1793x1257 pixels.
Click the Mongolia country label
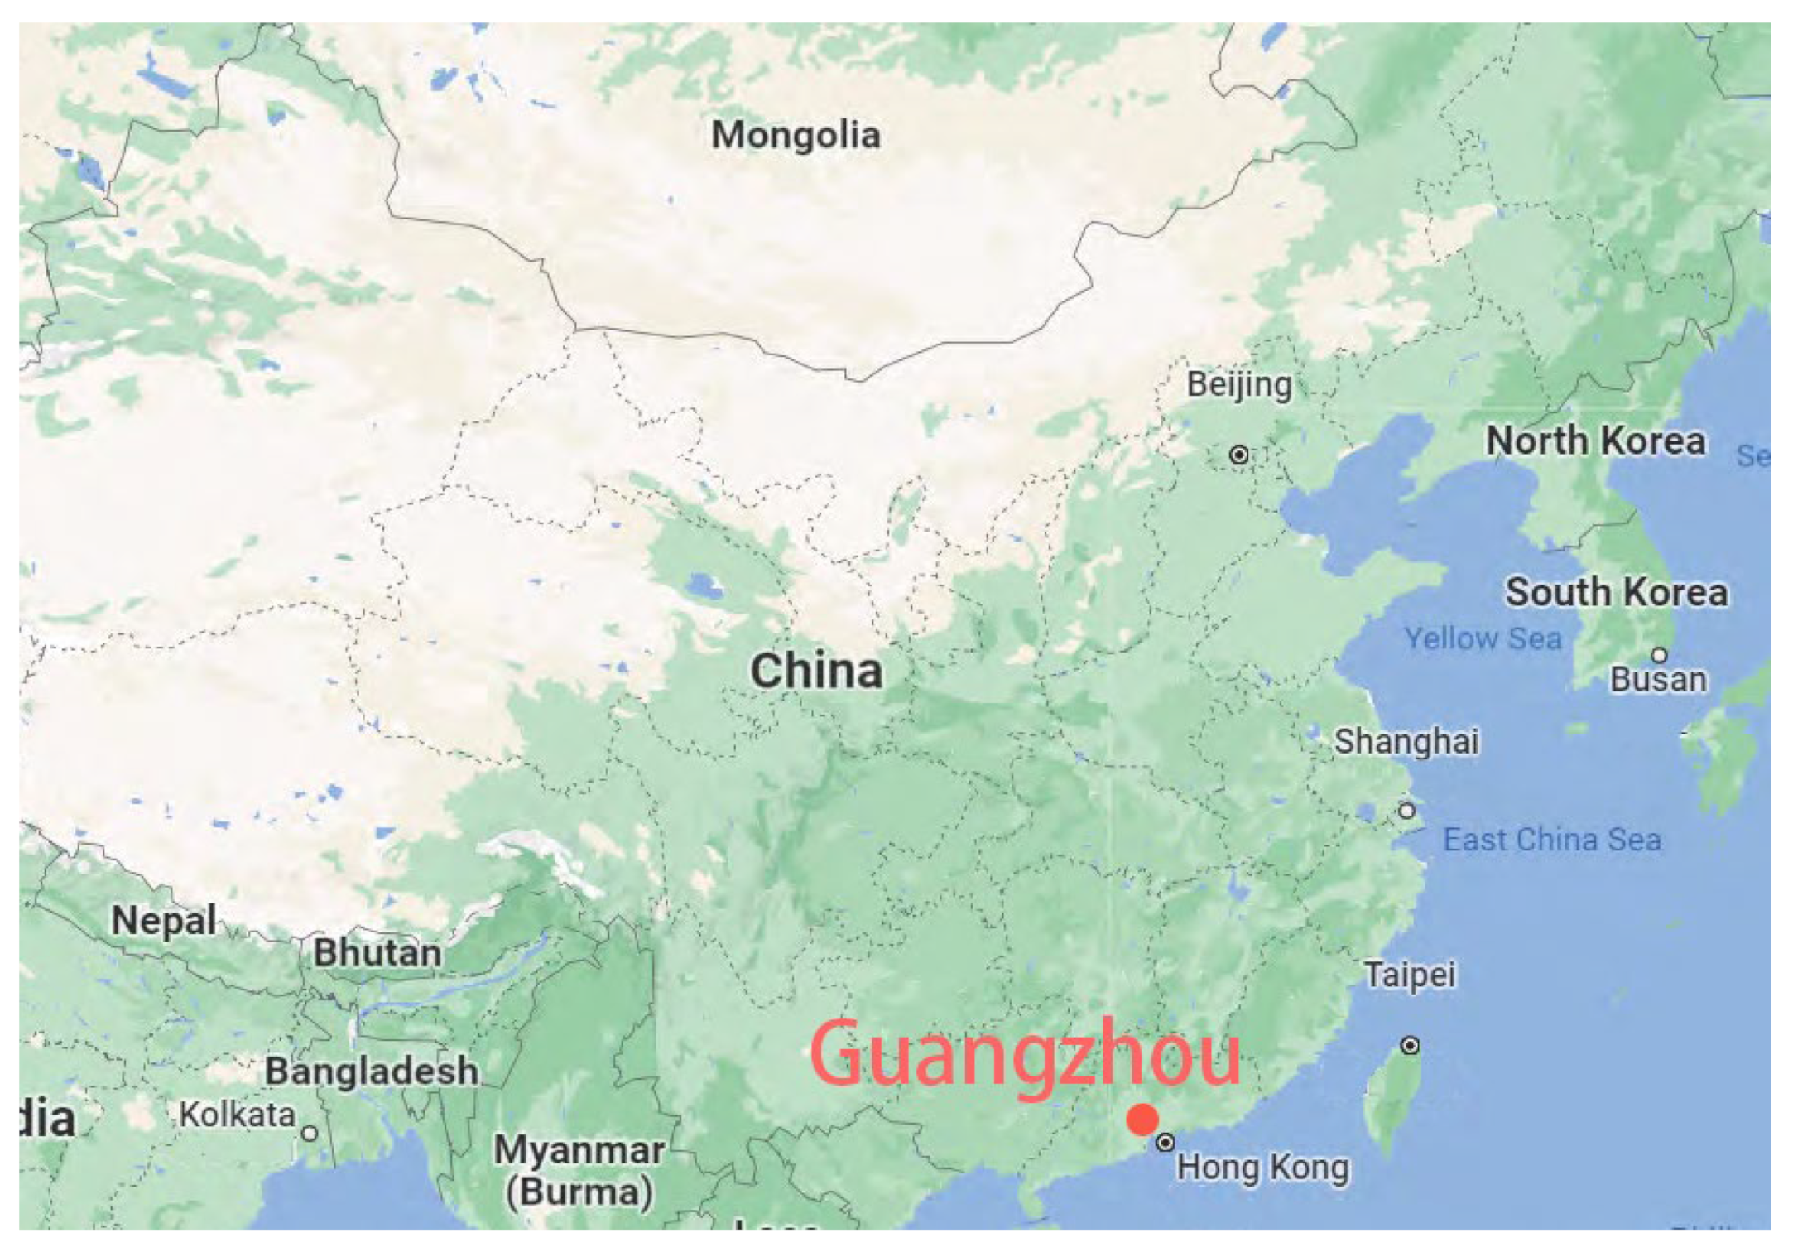(796, 135)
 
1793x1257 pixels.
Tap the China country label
(816, 671)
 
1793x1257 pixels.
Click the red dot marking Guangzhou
(1142, 1120)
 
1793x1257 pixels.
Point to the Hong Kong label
(1262, 1168)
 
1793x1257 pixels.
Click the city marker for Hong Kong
(1165, 1143)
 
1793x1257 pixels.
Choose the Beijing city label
(1239, 385)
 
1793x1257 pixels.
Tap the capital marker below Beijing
(1239, 455)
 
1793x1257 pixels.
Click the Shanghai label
(1406, 741)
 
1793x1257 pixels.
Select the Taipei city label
(1410, 975)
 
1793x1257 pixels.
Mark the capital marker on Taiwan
(1410, 1046)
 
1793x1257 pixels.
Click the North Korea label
(1596, 441)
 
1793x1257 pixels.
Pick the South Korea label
(1617, 593)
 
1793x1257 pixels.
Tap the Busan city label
(1658, 680)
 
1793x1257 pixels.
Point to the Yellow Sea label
(1483, 638)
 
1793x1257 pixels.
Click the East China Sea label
(1552, 840)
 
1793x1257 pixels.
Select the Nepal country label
(164, 921)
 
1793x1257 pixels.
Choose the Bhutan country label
(377, 953)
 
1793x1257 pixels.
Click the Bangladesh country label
(372, 1072)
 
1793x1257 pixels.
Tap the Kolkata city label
(238, 1115)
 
